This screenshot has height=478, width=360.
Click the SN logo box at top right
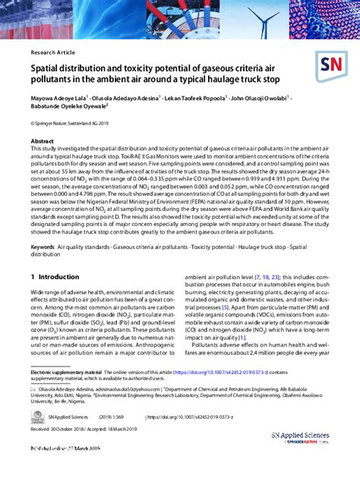332,66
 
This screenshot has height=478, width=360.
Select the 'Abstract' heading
42,142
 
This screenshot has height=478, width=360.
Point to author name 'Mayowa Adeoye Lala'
58,98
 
